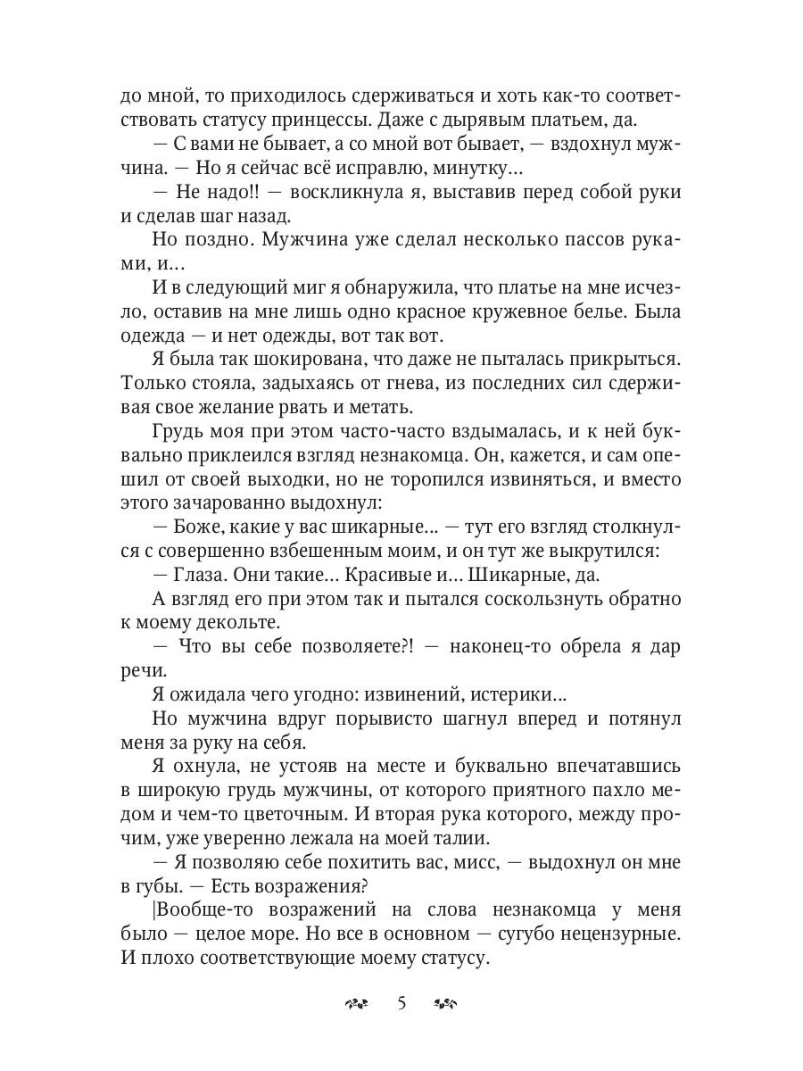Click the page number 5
point(401,1003)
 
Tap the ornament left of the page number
point(356,1004)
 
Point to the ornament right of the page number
point(445,1004)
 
